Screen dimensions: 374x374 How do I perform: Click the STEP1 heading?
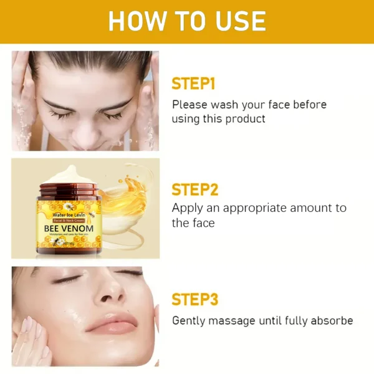coord(194,84)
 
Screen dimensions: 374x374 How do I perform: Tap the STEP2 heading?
coord(195,189)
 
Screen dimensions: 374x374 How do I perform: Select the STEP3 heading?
coord(195,299)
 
